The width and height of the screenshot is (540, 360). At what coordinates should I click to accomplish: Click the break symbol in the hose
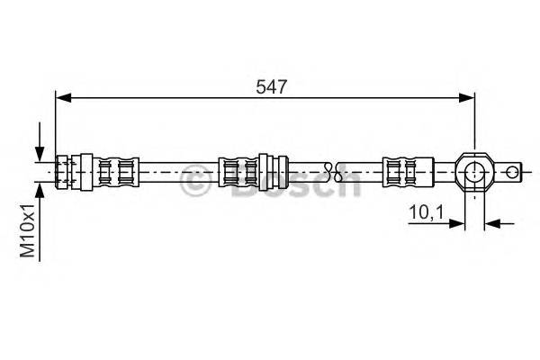pos(330,169)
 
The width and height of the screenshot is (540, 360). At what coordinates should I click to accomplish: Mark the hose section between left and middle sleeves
pos(180,169)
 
